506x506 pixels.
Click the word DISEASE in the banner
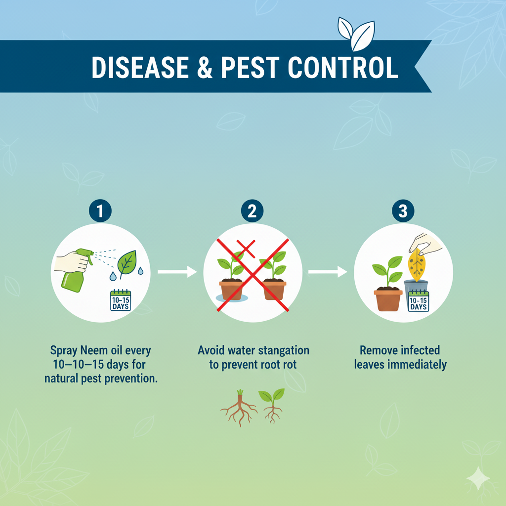[x=140, y=67]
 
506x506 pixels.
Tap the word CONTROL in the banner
[x=343, y=67]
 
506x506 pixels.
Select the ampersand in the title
[x=205, y=67]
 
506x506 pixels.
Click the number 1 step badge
[x=100, y=211]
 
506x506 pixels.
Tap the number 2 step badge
[x=252, y=211]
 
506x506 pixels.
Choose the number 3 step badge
[x=403, y=211]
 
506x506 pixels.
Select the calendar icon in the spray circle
[x=121, y=300]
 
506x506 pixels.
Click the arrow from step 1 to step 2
[x=177, y=272]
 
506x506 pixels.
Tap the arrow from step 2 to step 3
[x=328, y=272]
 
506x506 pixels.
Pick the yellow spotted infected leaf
[x=417, y=265]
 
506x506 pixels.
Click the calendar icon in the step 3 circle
[x=419, y=301]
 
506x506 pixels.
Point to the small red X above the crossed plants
[x=246, y=249]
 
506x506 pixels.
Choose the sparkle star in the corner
[x=478, y=478]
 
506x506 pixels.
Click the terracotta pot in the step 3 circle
[x=388, y=299]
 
